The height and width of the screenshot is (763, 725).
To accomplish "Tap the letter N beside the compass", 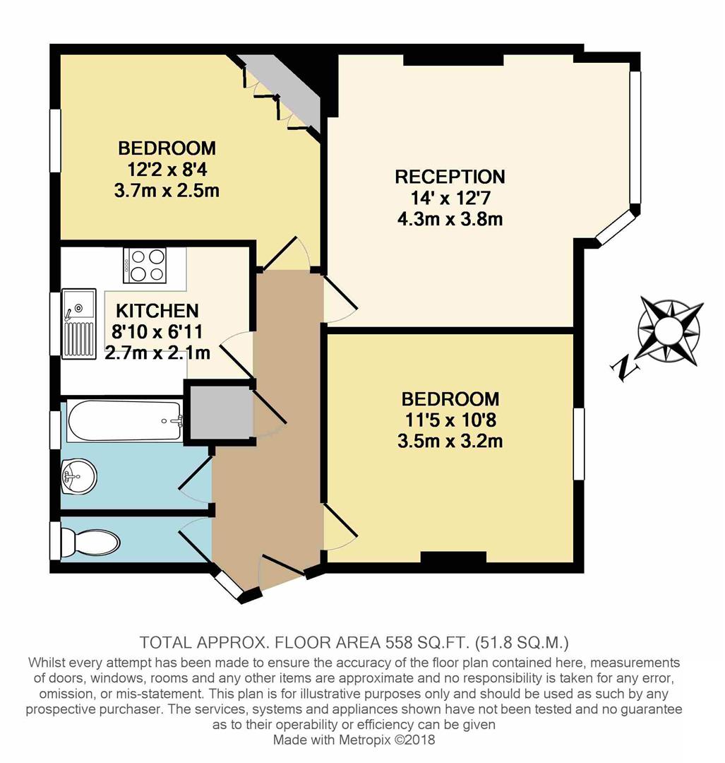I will tap(623, 367).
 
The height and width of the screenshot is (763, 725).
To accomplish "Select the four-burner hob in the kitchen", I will tap(145, 265).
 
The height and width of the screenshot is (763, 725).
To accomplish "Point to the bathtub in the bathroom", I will tap(124, 422).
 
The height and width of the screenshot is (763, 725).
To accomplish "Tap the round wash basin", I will tap(78, 476).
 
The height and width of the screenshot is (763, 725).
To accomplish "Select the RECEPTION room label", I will tap(450, 177).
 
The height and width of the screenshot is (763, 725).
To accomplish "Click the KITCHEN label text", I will tap(157, 311).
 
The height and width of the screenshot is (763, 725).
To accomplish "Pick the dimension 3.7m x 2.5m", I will tap(167, 191).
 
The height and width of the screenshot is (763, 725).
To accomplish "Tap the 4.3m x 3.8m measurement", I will tap(450, 218).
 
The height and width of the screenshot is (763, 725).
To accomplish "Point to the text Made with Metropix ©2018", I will tap(355, 740).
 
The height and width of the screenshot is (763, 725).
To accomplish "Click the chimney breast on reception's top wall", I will tap(453, 61).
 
